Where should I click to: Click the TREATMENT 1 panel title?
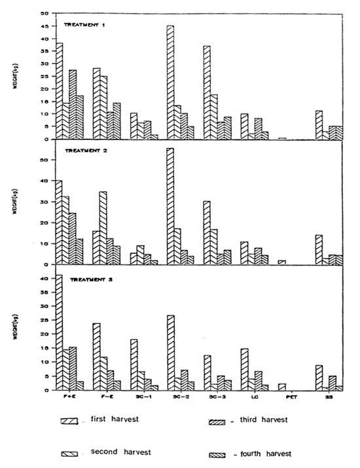(x=87, y=25)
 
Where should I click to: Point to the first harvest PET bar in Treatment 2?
(x=282, y=262)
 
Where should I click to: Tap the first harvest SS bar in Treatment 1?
(x=319, y=124)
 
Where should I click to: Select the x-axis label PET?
(x=283, y=398)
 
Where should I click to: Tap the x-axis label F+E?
(x=63, y=398)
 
